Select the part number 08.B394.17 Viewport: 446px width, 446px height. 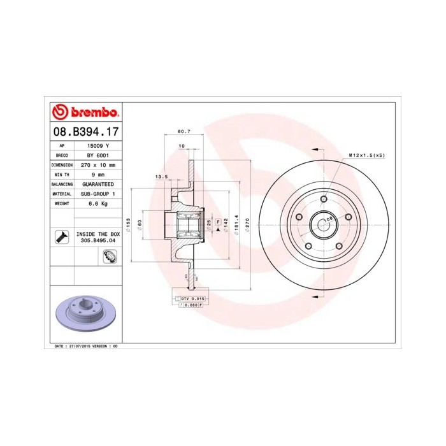(85, 133)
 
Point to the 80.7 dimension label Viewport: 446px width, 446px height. (183, 131)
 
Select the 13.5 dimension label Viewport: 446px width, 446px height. (161, 176)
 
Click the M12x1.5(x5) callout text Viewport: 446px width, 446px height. (366, 155)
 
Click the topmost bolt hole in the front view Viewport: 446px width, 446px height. (324, 199)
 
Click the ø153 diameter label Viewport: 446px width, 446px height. (128, 224)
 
